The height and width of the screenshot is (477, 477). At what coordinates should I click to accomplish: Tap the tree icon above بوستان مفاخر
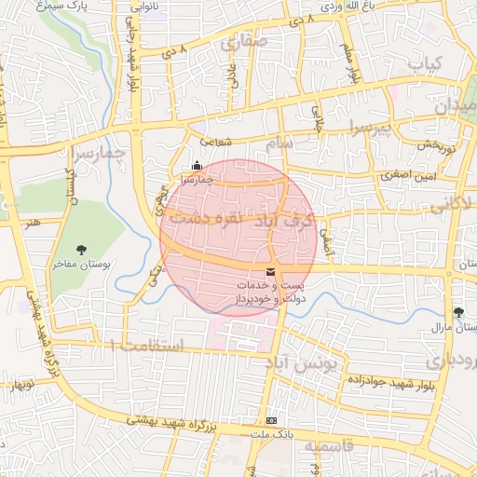click(82, 249)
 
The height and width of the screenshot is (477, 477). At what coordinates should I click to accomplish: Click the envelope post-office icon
click(270, 271)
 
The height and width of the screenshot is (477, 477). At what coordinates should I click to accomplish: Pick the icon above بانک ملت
click(270, 420)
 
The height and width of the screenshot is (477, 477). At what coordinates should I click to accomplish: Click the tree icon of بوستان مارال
click(457, 312)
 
